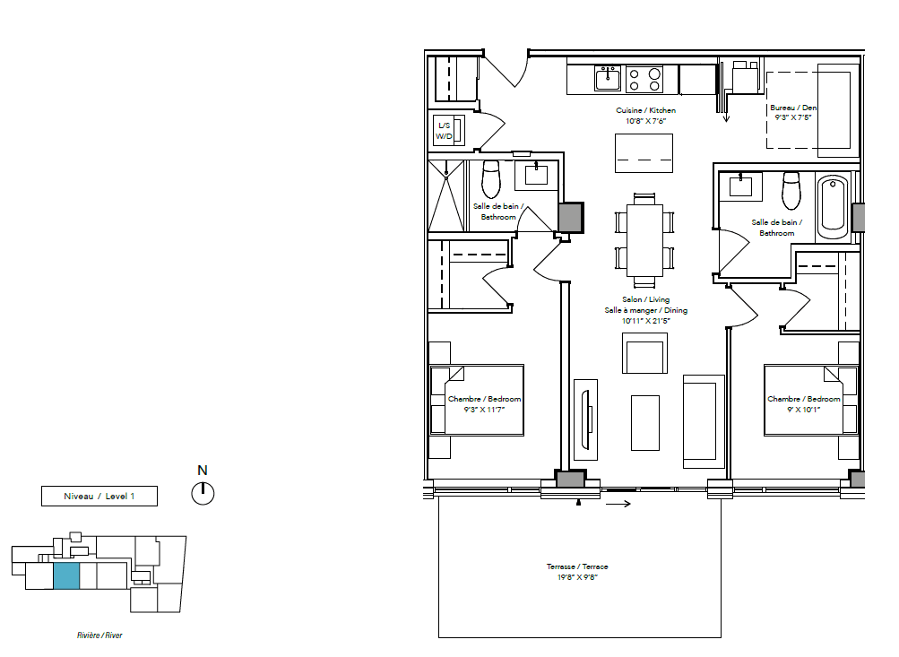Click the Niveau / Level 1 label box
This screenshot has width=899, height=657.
pyautogui.click(x=99, y=496)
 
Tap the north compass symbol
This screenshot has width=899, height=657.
pyautogui.click(x=203, y=493)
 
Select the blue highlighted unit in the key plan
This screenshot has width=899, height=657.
pyautogui.click(x=66, y=575)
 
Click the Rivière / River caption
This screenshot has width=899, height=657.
pyautogui.click(x=99, y=635)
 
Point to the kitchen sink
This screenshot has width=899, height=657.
pyautogui.click(x=608, y=78)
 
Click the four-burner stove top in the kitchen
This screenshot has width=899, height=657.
pyautogui.click(x=644, y=79)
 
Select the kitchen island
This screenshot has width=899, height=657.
pyautogui.click(x=644, y=153)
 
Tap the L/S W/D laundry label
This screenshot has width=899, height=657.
pyautogui.click(x=445, y=131)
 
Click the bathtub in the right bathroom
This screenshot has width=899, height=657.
pyautogui.click(x=833, y=207)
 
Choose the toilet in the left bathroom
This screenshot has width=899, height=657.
pyautogui.click(x=491, y=178)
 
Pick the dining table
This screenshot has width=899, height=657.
pyautogui.click(x=644, y=241)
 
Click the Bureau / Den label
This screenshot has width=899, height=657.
pyautogui.click(x=793, y=108)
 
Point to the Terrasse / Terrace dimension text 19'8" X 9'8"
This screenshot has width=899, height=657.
pyautogui.click(x=577, y=577)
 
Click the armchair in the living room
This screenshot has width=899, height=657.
pyautogui.click(x=645, y=353)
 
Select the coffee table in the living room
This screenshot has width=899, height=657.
pyautogui.click(x=645, y=422)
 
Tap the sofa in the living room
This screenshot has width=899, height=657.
pyautogui.click(x=704, y=418)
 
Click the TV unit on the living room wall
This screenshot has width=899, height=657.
pyautogui.click(x=585, y=419)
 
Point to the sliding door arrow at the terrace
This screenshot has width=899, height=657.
pyautogui.click(x=618, y=504)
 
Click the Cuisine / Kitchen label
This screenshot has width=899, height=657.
pyautogui.click(x=645, y=110)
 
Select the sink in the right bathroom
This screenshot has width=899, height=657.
pyautogui.click(x=740, y=186)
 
